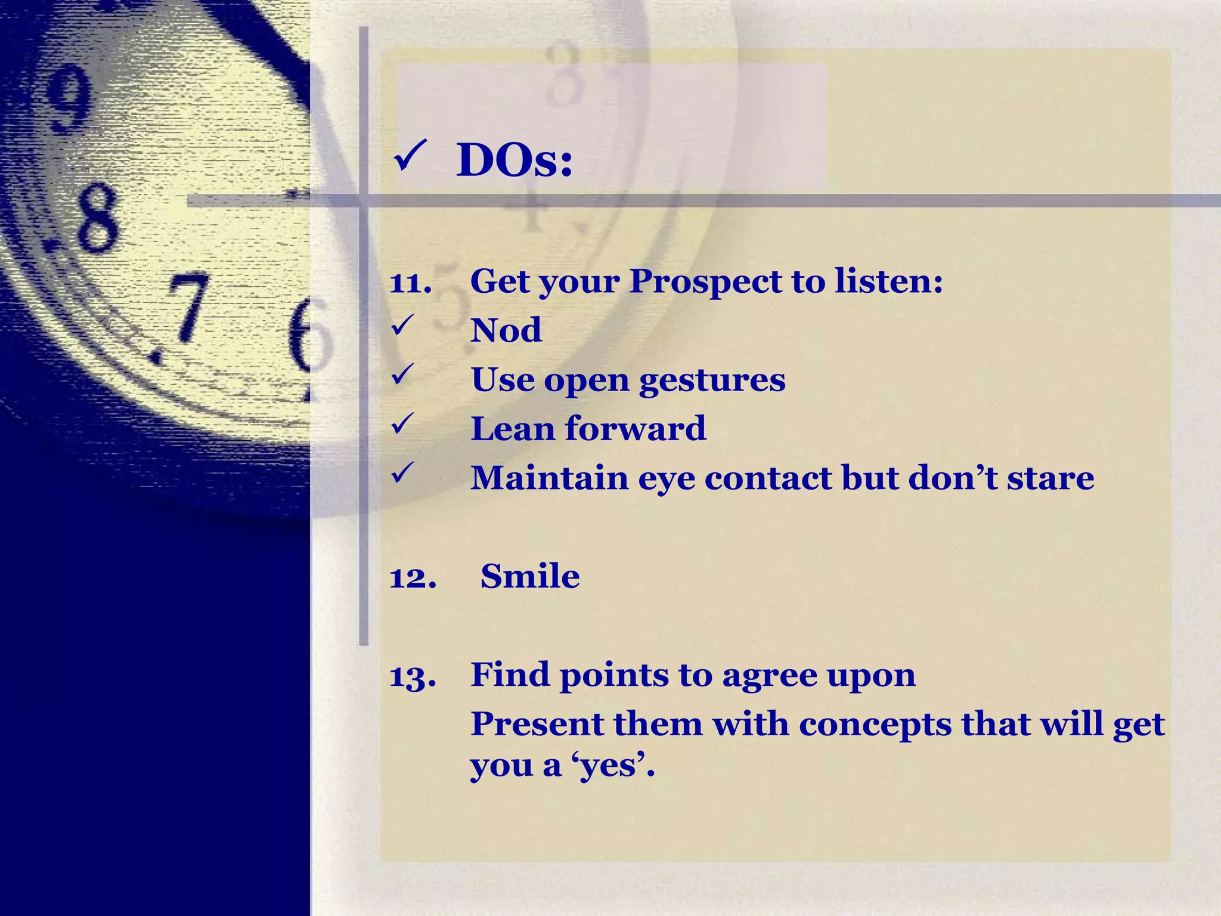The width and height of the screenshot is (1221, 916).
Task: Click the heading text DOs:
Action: [514, 161]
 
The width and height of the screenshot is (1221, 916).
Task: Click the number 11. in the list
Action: [410, 282]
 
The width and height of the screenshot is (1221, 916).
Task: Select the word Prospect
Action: [705, 282]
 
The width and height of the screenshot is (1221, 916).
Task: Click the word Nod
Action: [506, 330]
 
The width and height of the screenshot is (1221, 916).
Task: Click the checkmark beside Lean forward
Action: [402, 425]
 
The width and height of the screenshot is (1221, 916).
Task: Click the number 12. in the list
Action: [413, 577]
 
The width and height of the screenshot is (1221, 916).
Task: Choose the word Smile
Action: [530, 576]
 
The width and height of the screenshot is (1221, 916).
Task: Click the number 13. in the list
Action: [413, 676]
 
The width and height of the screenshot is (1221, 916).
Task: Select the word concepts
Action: [875, 725]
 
